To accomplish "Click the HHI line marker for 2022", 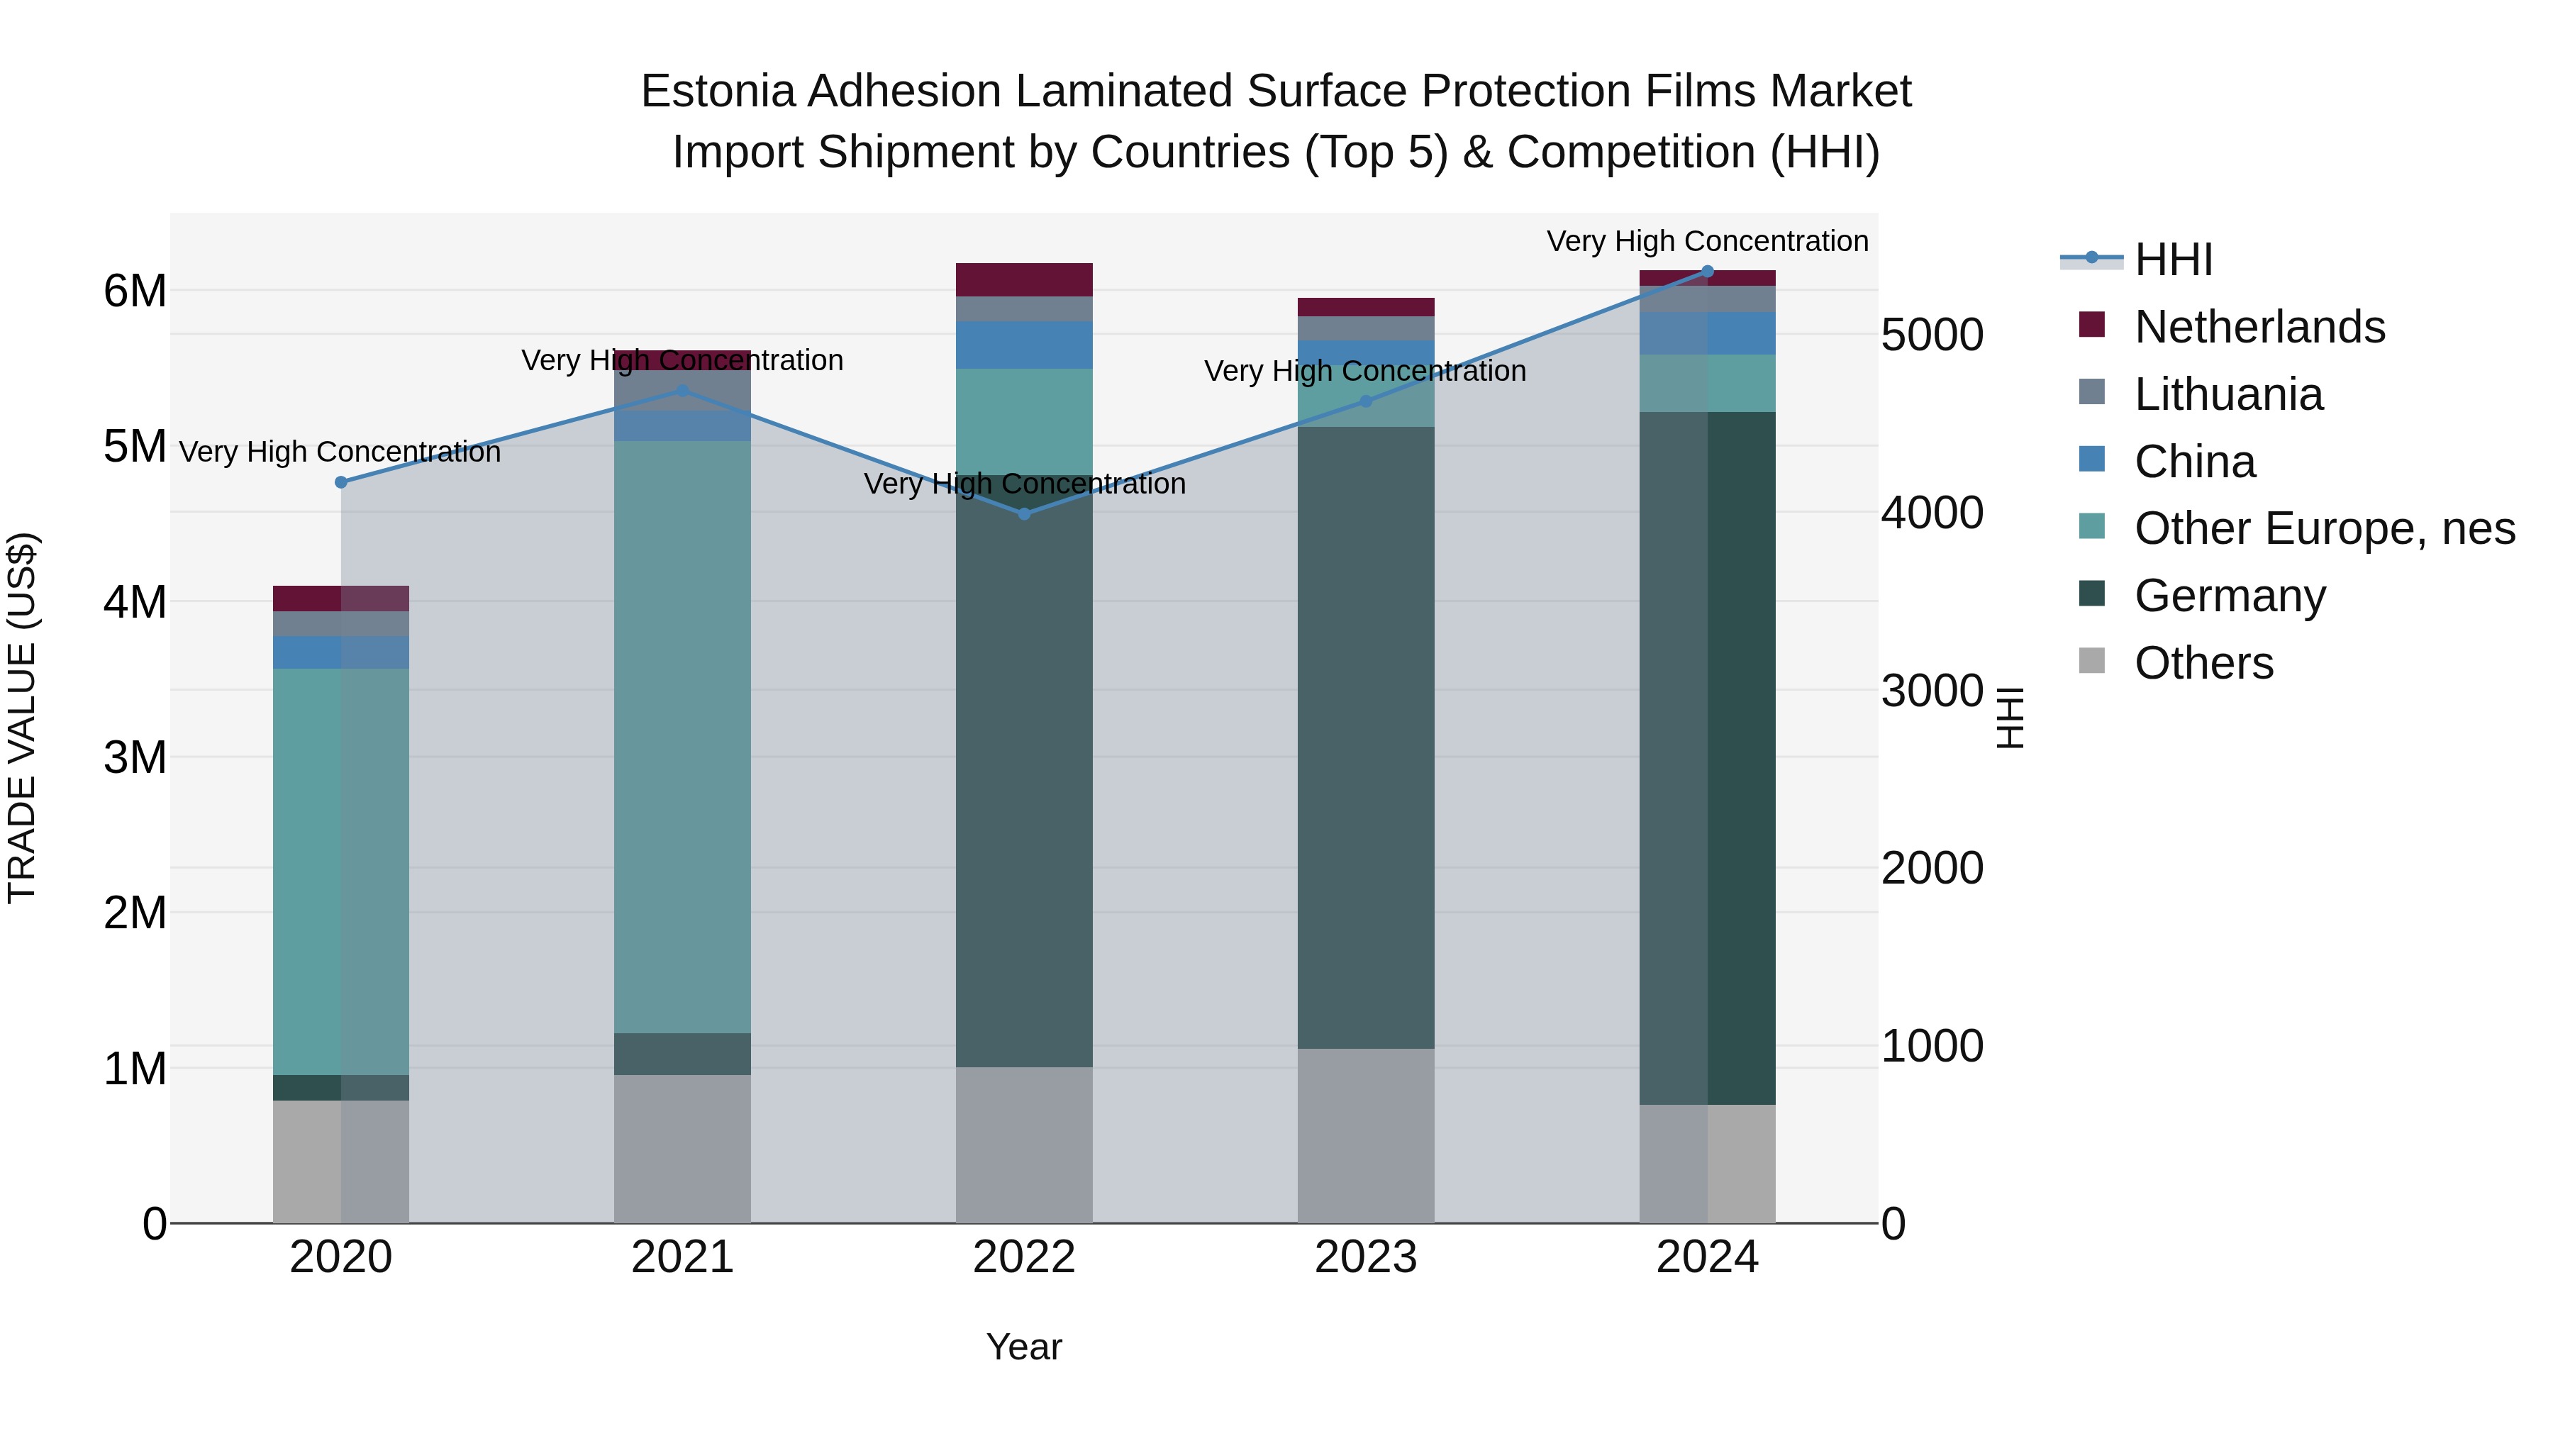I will (1024, 513).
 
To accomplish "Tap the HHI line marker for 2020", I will (341, 482).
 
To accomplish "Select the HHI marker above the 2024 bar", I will (1707, 271).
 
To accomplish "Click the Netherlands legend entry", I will (2259, 327).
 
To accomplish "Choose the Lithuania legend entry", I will (2228, 394).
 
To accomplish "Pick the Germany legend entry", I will (2229, 596).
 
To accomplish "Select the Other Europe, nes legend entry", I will (2324, 528).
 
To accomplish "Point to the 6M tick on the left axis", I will (135, 291).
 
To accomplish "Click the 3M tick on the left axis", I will (135, 757).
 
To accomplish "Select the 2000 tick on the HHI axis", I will (1932, 868).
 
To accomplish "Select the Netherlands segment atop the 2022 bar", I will (1024, 279).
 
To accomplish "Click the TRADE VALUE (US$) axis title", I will (22, 718).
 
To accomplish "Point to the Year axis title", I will (1024, 1347).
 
